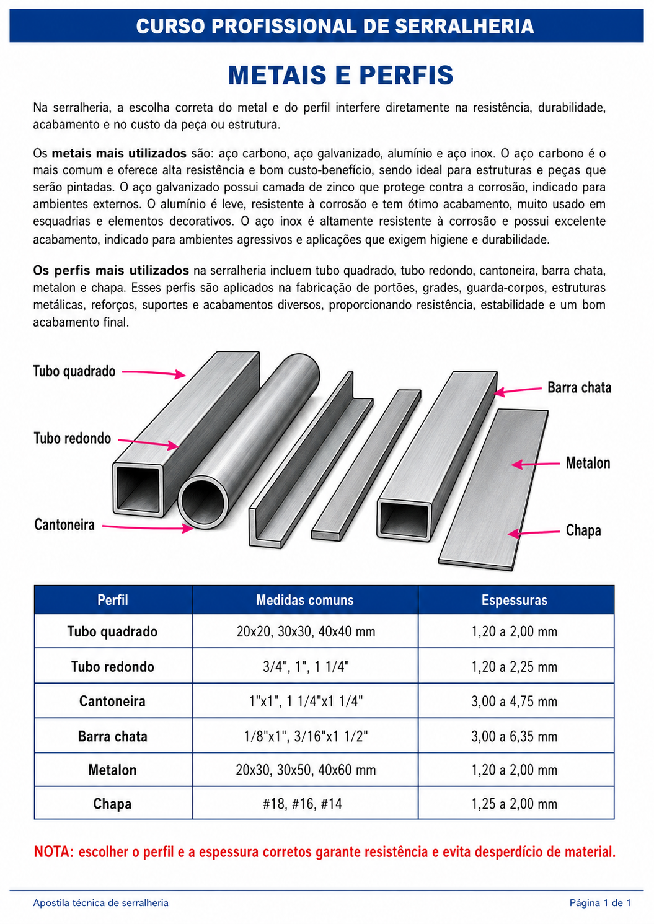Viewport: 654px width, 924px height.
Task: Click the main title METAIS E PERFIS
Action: pyautogui.click(x=340, y=75)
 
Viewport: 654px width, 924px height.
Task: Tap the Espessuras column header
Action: pyautogui.click(x=514, y=600)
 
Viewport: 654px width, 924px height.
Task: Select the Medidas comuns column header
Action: pyautogui.click(x=304, y=600)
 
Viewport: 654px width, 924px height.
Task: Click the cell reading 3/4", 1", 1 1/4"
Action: pyautogui.click(x=306, y=667)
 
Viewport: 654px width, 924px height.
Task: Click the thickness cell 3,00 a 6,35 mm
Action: pyautogui.click(x=514, y=736)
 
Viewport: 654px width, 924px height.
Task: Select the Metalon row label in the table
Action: pyautogui.click(x=112, y=770)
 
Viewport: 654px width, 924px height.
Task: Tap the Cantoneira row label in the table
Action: pyautogui.click(x=112, y=702)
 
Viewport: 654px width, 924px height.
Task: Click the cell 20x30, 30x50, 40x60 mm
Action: pyautogui.click(x=306, y=770)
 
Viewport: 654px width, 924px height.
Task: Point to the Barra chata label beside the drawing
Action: pyautogui.click(x=580, y=387)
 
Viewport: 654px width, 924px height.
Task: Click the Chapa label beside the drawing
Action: pyautogui.click(x=583, y=530)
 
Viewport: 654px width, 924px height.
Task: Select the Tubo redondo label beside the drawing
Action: pyautogui.click(x=72, y=438)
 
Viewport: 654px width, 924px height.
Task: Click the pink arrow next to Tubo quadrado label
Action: pyautogui.click(x=154, y=373)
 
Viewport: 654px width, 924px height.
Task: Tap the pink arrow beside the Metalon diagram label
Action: pyautogui.click(x=536, y=464)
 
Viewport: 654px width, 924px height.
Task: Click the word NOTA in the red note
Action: pyautogui.click(x=54, y=852)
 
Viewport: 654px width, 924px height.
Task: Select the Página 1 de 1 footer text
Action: pyautogui.click(x=600, y=903)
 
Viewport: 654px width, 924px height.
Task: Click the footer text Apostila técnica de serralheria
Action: pyautogui.click(x=100, y=903)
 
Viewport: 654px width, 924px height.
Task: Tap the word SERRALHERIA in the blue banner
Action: pyautogui.click(x=464, y=26)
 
